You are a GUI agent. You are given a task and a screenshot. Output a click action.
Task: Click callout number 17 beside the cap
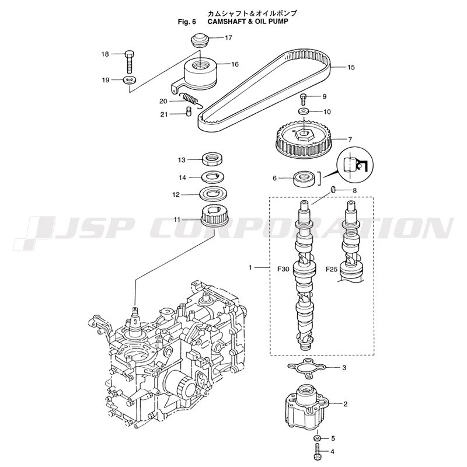pyautogui.click(x=228, y=38)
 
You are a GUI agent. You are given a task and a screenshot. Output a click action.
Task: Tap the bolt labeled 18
pyautogui.click(x=129, y=62)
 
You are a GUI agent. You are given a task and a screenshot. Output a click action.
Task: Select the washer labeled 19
pyautogui.click(x=130, y=80)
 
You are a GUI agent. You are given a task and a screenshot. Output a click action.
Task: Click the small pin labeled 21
pyautogui.click(x=188, y=112)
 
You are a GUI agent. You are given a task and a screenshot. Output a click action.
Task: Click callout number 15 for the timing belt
pyautogui.click(x=351, y=67)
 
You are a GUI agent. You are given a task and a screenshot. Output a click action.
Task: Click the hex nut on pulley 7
pyautogui.click(x=303, y=136)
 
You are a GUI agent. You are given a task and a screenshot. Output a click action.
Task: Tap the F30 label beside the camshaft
pyautogui.click(x=283, y=269)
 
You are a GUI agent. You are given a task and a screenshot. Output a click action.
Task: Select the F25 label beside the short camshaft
pyautogui.click(x=332, y=269)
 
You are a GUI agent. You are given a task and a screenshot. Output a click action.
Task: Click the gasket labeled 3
pyautogui.click(x=307, y=368)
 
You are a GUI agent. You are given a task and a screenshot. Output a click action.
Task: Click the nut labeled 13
pyautogui.click(x=212, y=159)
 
